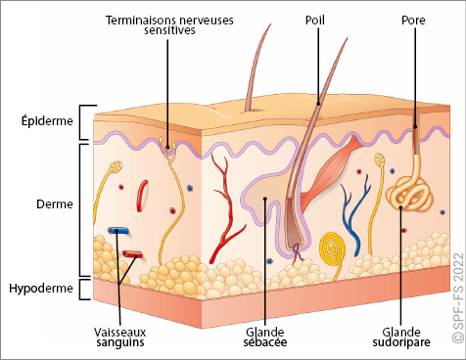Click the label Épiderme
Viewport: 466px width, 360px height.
[47, 121]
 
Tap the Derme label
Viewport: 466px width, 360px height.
[55, 204]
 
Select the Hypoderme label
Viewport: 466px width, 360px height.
[41, 289]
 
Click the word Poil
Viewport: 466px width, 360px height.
[315, 20]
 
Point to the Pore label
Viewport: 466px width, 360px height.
[413, 21]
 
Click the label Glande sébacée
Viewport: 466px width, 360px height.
[265, 337]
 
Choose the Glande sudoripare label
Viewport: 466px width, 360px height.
[401, 337]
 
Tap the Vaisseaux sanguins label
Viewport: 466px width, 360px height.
[120, 337]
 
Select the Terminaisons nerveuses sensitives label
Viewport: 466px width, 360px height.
[169, 24]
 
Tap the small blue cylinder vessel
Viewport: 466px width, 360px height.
[118, 231]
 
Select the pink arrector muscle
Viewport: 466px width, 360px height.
[330, 172]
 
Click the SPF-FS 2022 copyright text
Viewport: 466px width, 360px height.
[458, 297]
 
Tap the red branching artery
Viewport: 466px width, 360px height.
[225, 208]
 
